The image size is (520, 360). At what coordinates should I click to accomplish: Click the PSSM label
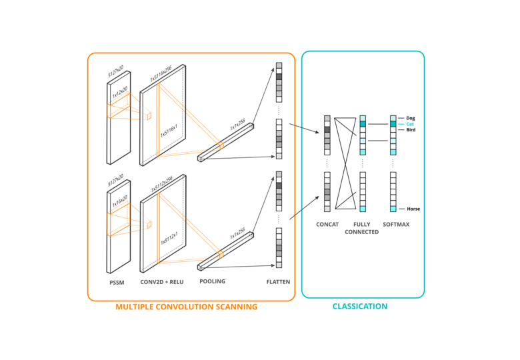[117, 282]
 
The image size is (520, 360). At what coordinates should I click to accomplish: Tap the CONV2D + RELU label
[161, 282]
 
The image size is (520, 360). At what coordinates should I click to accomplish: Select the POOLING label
[212, 281]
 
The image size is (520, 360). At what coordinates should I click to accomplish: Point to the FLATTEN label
[278, 282]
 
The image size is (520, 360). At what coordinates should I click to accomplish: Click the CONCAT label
[327, 225]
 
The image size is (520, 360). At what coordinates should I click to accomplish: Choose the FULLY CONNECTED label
[362, 228]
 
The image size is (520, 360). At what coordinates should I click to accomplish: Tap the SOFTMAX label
[396, 225]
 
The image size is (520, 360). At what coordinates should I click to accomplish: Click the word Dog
[410, 118]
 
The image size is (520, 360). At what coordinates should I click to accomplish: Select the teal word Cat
[409, 124]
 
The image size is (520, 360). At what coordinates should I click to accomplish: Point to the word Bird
[410, 130]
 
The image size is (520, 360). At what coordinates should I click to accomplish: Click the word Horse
[413, 209]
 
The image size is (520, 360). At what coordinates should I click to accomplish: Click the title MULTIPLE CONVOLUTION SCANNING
[186, 307]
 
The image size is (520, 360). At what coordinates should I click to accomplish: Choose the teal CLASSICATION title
[360, 307]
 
